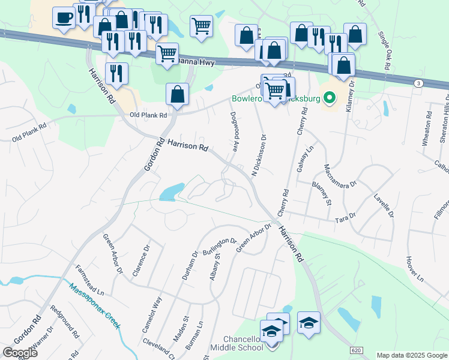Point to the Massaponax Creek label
click(x=94, y=305)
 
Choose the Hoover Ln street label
click(x=414, y=268)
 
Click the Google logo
click(x=20, y=353)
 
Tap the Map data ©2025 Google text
click(x=412, y=355)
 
